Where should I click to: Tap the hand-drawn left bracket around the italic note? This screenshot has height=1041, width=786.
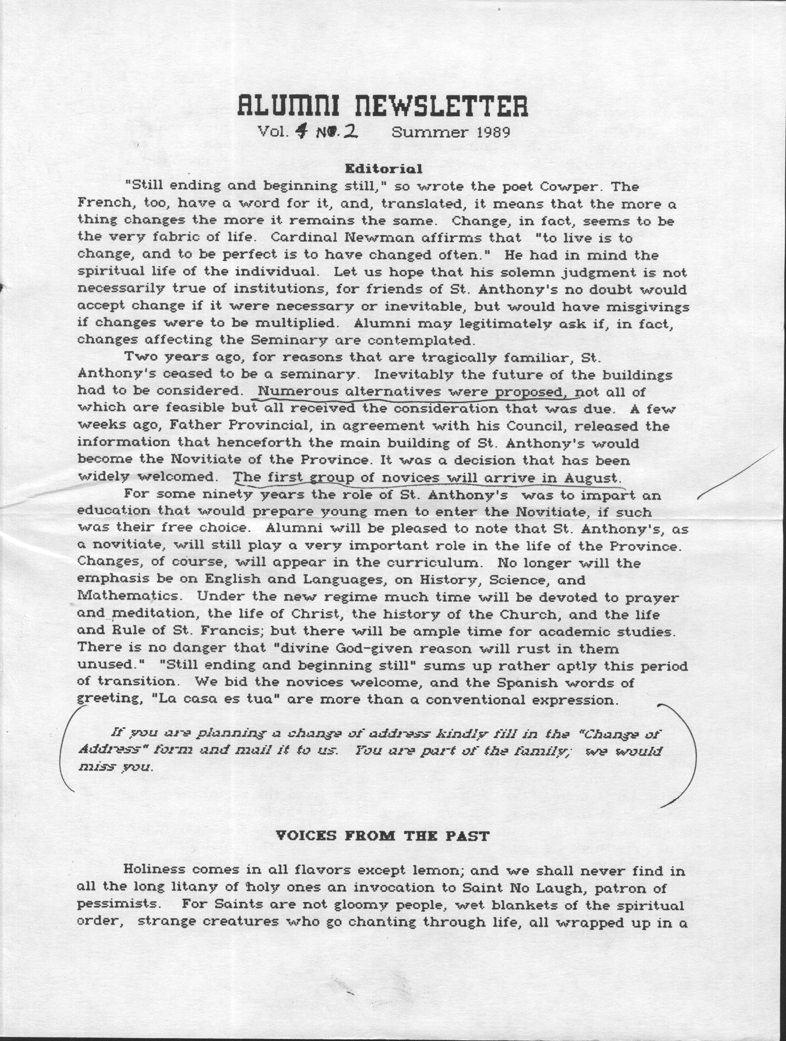[x=66, y=748]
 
